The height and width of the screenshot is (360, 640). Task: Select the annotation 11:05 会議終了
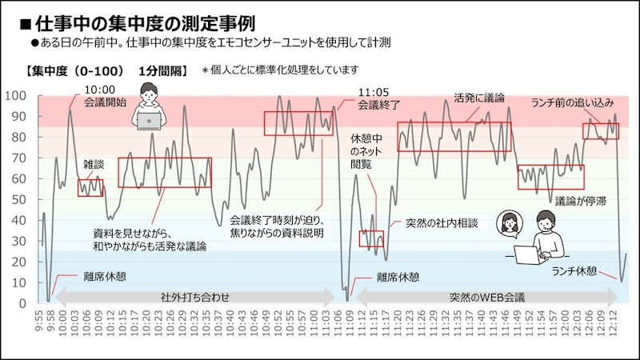pyautogui.click(x=378, y=98)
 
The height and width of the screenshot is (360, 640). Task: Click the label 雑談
pyautogui.click(x=94, y=163)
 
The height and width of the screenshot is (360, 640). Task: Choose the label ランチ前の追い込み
pyautogui.click(x=573, y=102)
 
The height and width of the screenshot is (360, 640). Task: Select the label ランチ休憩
pyautogui.click(x=574, y=270)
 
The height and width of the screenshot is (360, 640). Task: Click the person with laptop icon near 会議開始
pyautogui.click(x=149, y=109)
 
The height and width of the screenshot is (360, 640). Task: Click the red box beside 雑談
pyautogui.click(x=90, y=187)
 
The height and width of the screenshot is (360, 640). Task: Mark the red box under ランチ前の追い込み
pyautogui.click(x=600, y=130)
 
